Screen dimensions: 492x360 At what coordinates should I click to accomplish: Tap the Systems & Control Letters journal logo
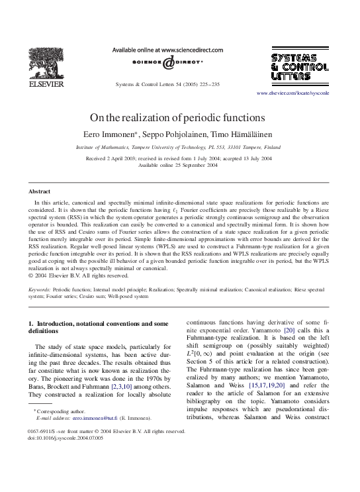pos(299,66)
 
